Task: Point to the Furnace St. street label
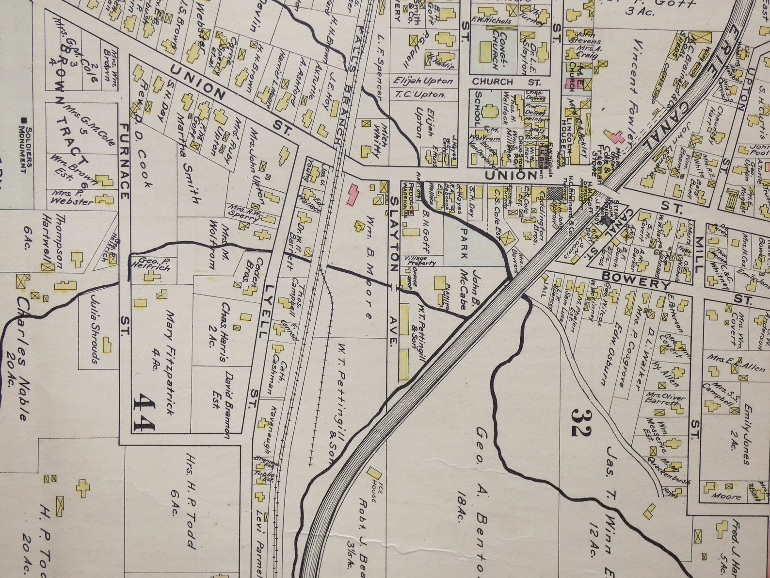124,160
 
